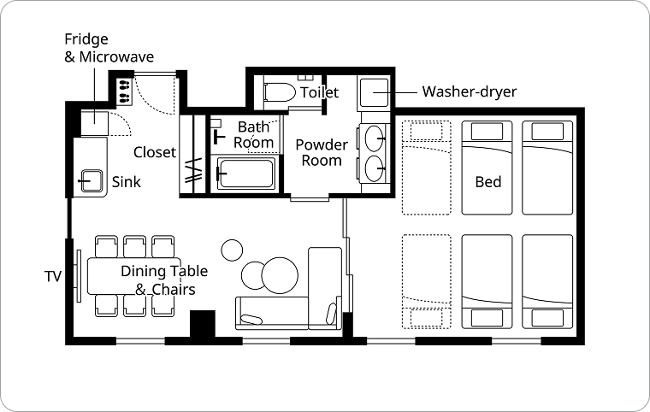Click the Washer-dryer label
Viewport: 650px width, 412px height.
pyautogui.click(x=470, y=91)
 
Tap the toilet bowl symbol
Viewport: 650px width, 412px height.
pyautogui.click(x=280, y=92)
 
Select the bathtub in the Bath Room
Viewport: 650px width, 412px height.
pyautogui.click(x=245, y=174)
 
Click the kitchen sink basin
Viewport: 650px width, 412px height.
pyautogui.click(x=92, y=180)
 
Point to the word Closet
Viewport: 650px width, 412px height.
pyautogui.click(x=155, y=152)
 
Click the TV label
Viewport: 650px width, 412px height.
pyautogui.click(x=53, y=276)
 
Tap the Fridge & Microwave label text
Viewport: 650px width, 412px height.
pyautogui.click(x=109, y=48)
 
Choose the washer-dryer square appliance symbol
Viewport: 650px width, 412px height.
pyautogui.click(x=374, y=93)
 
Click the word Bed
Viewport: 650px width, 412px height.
pyautogui.click(x=488, y=182)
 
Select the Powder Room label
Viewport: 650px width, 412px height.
pyautogui.click(x=322, y=152)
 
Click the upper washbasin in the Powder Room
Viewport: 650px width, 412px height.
pyautogui.click(x=374, y=138)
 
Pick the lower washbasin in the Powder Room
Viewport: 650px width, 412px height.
pyautogui.click(x=374, y=168)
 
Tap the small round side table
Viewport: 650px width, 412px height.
pyautogui.click(x=232, y=250)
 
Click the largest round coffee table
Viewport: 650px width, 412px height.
pyautogui.click(x=280, y=275)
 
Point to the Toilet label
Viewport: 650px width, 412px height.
pyautogui.click(x=319, y=92)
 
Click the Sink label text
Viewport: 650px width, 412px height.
pyautogui.click(x=127, y=181)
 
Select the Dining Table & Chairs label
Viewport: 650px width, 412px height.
pyautogui.click(x=164, y=280)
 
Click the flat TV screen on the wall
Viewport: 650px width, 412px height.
pyautogui.click(x=79, y=276)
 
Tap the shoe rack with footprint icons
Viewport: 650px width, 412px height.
pyautogui.click(x=124, y=91)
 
